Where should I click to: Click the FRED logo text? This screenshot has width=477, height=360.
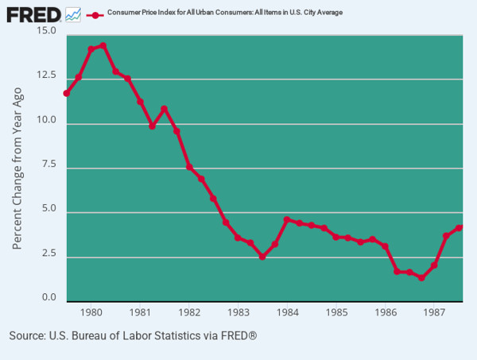click(33, 14)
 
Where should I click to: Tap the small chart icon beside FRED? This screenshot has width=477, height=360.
click(73, 14)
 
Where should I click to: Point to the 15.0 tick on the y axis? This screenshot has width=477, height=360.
click(47, 31)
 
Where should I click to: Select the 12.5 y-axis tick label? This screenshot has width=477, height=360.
click(47, 75)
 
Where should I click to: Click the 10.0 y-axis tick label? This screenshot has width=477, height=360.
click(47, 120)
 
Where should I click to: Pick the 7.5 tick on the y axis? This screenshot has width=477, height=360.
click(49, 165)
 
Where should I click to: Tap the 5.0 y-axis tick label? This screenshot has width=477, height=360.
click(49, 210)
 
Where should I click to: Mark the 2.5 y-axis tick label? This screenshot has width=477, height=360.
click(49, 254)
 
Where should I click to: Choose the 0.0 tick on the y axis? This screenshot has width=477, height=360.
click(49, 298)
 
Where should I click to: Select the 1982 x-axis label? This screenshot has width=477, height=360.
click(189, 312)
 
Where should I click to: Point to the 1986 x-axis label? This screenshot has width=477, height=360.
click(386, 312)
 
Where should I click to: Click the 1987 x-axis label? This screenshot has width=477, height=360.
click(434, 312)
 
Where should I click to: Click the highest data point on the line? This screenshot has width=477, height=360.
click(103, 46)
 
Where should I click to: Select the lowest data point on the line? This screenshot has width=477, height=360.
click(421, 278)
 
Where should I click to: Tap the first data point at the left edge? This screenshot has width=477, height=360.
click(67, 93)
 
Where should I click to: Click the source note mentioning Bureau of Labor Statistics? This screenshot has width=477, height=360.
click(133, 336)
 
